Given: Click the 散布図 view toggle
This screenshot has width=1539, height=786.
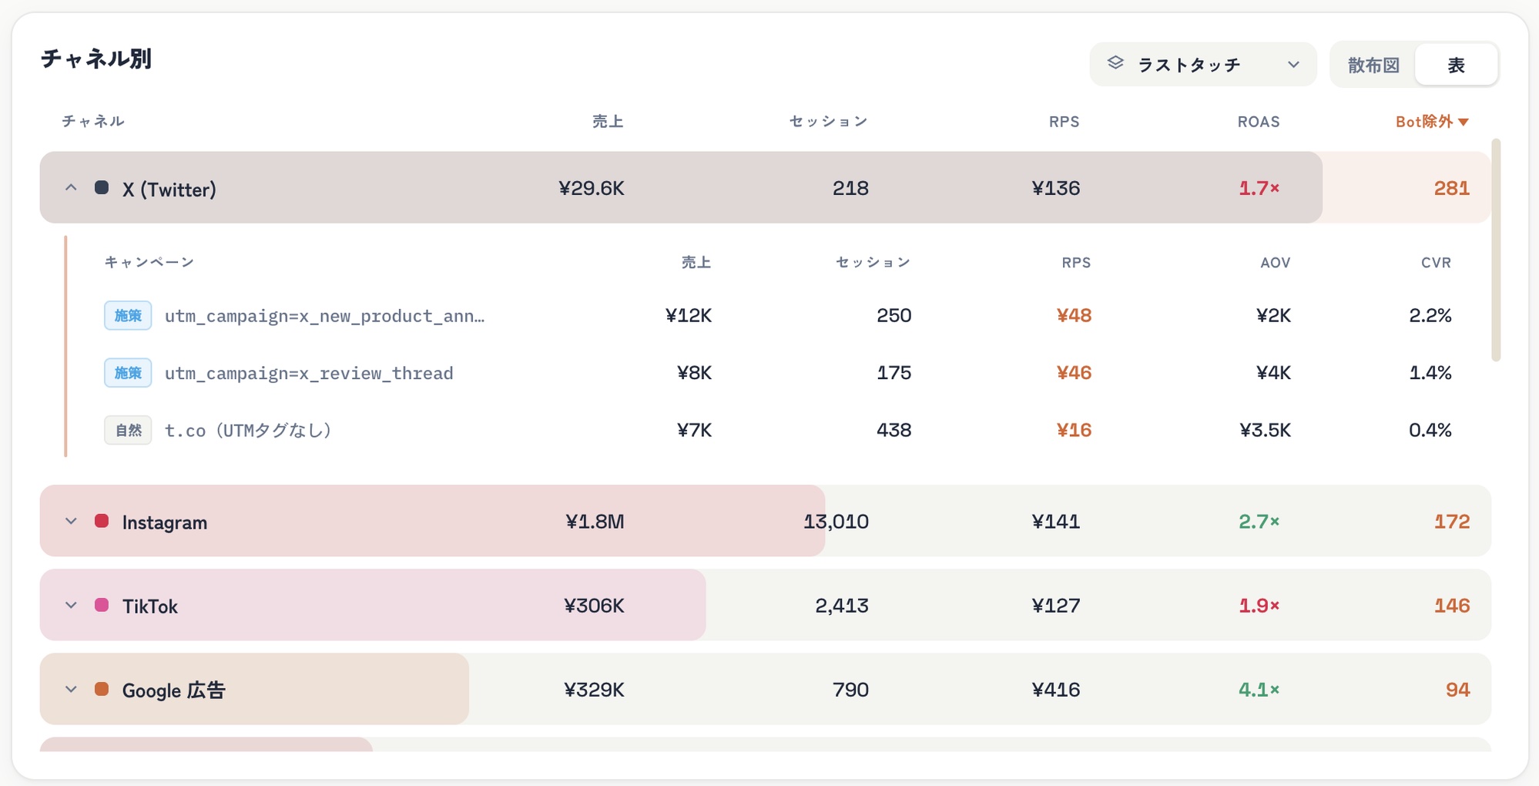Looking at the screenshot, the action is click(1373, 65).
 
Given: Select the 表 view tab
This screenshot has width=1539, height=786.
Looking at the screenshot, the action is click(1456, 65).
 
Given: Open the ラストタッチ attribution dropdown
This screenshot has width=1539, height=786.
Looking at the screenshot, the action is click(1202, 64).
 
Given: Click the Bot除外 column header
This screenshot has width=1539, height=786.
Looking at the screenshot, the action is click(1432, 122).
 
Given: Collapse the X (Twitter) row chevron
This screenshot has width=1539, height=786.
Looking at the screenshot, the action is click(71, 187).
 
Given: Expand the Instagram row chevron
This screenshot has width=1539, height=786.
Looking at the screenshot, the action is click(71, 522).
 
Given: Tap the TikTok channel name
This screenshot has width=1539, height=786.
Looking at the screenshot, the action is click(149, 606).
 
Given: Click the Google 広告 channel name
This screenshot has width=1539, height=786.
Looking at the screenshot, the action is click(173, 690).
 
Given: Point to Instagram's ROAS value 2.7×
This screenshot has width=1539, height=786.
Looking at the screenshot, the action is click(1259, 522).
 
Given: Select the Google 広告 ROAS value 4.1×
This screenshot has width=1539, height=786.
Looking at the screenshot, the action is click(1259, 690).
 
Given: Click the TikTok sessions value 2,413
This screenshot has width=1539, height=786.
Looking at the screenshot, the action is click(841, 606).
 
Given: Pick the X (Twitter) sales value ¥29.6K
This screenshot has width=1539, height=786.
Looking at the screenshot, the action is click(591, 188).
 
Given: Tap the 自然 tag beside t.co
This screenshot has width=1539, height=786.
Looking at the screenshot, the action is click(128, 430).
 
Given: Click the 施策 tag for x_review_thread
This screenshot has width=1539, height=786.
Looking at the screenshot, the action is click(128, 373).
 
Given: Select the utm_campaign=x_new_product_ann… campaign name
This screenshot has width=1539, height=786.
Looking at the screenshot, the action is click(324, 316).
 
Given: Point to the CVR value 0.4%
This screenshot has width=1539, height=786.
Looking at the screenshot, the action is click(1430, 430).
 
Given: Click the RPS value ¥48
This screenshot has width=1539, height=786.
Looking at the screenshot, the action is click(1074, 315).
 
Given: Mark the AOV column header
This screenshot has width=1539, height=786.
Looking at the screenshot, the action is click(1275, 263).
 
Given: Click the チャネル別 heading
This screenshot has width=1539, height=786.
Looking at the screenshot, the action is click(96, 59).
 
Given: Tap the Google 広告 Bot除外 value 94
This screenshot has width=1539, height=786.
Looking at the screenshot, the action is click(1457, 690).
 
